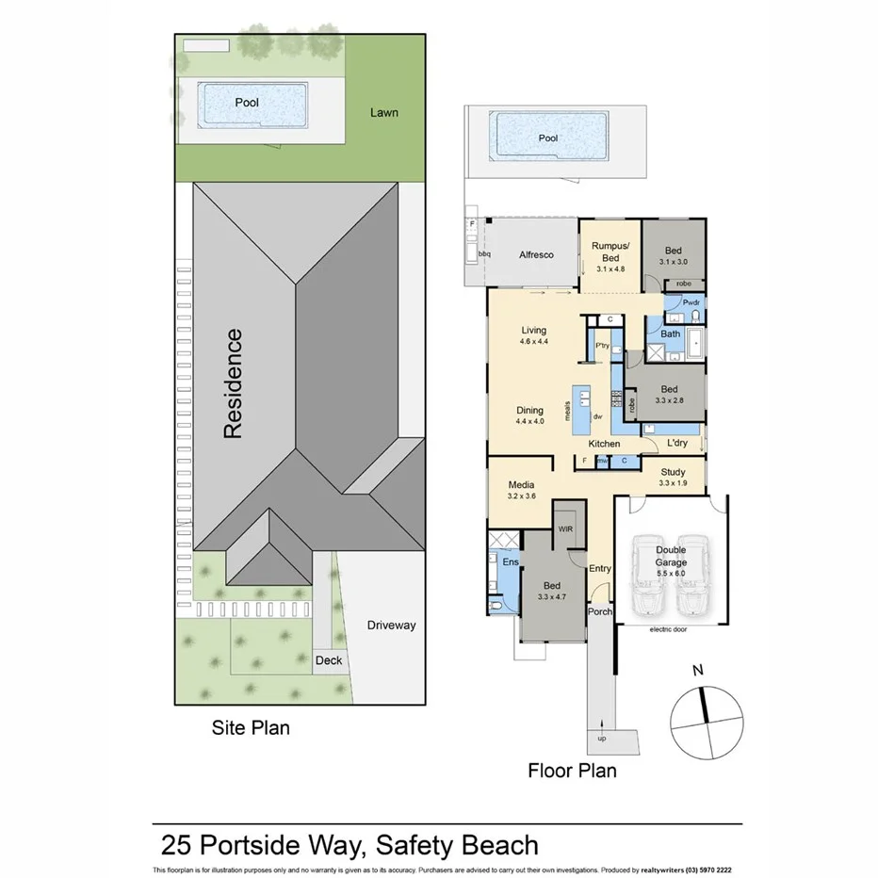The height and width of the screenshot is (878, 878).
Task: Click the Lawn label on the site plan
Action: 383,112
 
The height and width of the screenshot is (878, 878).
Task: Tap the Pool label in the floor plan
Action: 547,138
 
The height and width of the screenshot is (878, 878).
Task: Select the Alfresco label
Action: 535,254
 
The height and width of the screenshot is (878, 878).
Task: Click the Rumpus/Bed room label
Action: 610,252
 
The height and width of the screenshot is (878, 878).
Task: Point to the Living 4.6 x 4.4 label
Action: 533,335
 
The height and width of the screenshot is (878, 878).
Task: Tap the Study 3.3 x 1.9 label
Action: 672,478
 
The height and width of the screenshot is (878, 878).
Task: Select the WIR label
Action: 565,529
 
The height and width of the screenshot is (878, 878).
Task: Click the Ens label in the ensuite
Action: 509,561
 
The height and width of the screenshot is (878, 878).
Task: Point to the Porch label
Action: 600,611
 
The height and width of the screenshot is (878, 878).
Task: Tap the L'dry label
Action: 676,443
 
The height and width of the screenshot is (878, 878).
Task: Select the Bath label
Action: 670,333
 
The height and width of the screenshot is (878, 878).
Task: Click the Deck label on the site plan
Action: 329,660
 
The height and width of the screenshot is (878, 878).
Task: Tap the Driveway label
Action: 391,625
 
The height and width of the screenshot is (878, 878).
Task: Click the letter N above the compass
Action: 697,671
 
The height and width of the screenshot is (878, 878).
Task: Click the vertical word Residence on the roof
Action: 232,382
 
